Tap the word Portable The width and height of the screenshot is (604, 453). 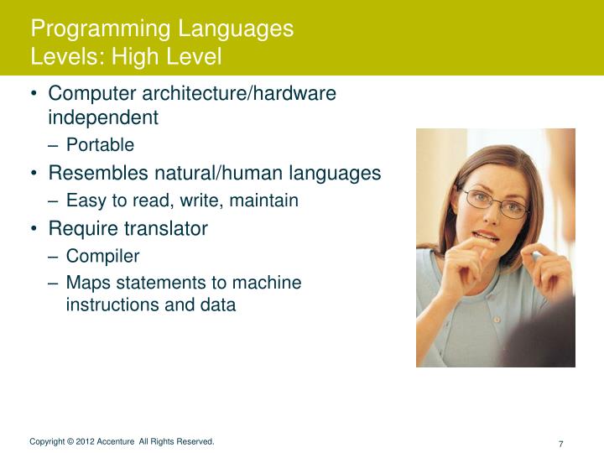pos(100,145)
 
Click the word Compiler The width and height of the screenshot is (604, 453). pos(102,256)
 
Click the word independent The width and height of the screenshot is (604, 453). pos(103,117)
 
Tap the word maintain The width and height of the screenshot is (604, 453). pos(267,200)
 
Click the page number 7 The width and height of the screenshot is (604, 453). pos(560,444)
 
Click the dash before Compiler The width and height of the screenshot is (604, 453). pos(54,256)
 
